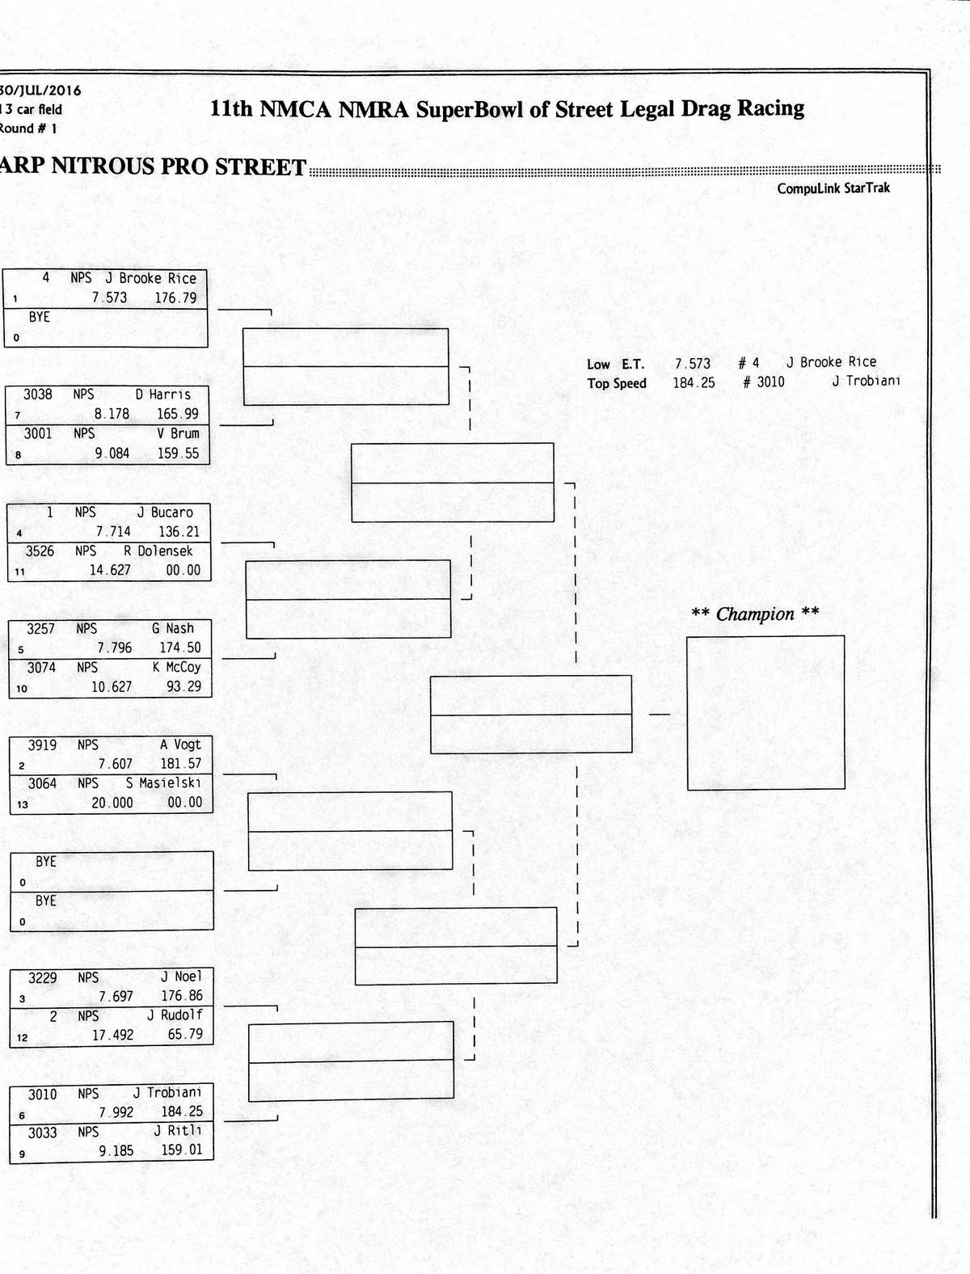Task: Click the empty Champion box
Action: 765,712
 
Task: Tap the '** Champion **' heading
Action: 755,614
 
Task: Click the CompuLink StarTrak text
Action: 833,188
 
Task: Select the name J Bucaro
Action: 165,513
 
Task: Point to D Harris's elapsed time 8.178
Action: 112,414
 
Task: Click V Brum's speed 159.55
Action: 178,453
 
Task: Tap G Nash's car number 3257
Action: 40,629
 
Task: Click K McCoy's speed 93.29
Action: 183,687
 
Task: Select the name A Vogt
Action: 180,745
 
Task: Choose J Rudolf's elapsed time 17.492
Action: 112,1035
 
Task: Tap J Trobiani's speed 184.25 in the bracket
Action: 182,1112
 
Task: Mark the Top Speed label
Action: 617,383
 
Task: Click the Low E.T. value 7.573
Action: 693,364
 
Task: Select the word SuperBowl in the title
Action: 469,110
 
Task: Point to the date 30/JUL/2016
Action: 40,91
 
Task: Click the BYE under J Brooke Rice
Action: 40,318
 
